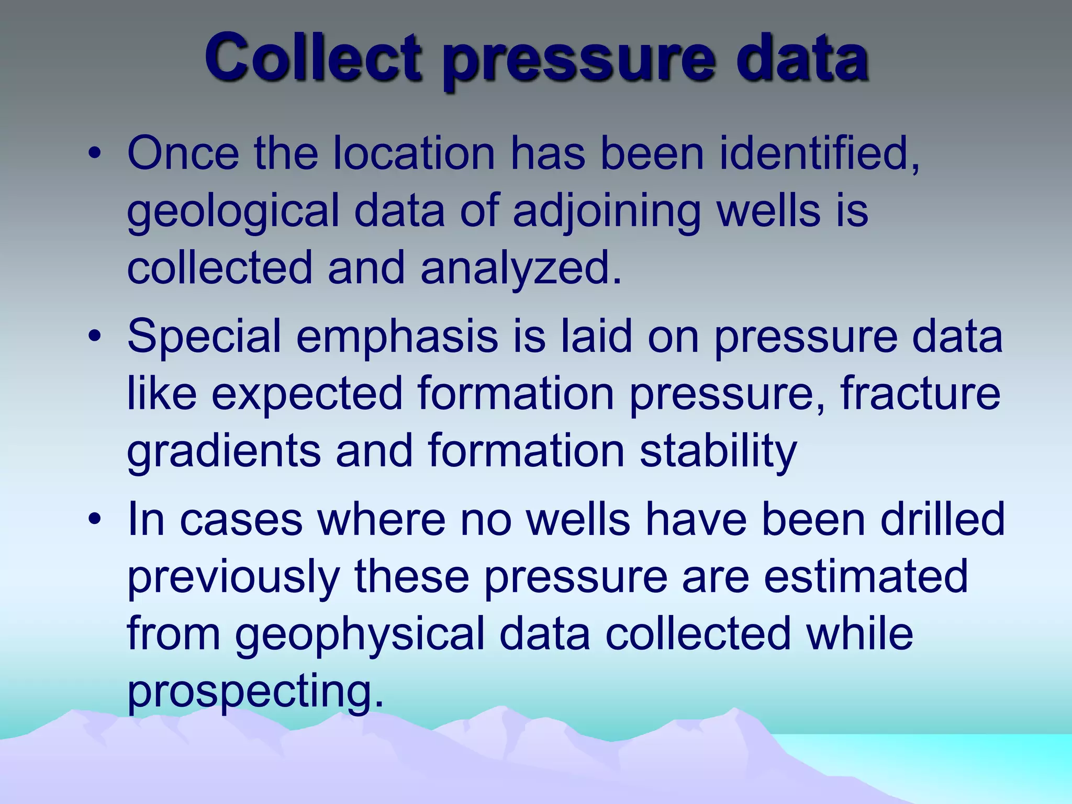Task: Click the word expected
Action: [307, 394]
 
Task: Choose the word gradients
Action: [224, 451]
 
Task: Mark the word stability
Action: [718, 451]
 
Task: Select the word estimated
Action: [866, 577]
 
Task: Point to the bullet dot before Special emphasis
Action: [94, 337]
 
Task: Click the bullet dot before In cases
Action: [94, 520]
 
